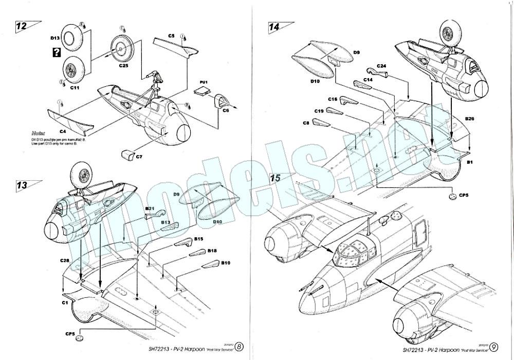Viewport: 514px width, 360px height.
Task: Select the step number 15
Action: pos(276,178)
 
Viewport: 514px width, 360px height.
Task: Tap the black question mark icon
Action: pos(55,52)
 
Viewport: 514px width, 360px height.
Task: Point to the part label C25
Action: pos(124,66)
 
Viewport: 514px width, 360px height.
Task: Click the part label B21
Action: pos(150,209)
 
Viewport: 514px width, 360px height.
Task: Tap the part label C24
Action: pos(381,66)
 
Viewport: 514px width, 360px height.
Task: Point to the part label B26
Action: pos(469,119)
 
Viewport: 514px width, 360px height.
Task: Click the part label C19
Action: pos(319,111)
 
